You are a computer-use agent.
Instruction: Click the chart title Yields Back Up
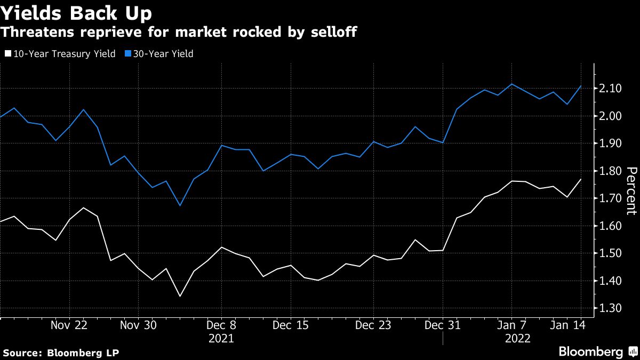[76, 12]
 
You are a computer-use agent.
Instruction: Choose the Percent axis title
[631, 190]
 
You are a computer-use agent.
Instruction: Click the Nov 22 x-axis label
[69, 326]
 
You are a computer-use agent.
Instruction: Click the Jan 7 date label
[511, 326]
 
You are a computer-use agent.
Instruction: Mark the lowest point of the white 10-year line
[180, 296]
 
